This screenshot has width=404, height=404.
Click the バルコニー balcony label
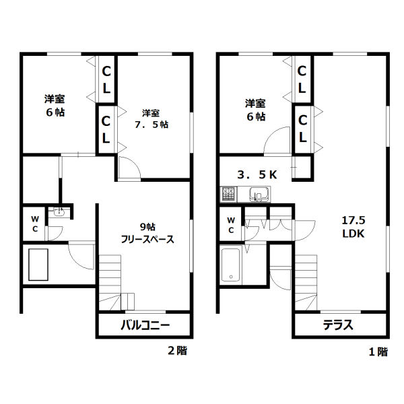pos(145,325)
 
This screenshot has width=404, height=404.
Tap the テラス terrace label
pos(338,325)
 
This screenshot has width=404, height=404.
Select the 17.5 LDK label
pos(353,227)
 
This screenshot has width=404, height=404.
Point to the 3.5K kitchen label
pos(257,174)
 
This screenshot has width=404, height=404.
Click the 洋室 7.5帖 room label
pos(151,119)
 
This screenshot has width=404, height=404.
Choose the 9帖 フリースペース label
pos(147,233)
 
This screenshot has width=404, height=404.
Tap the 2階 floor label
pos(178,351)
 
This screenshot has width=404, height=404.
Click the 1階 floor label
pos(378,351)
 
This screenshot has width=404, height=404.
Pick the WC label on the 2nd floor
pos(35,224)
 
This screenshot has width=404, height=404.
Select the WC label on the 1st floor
pos(231,225)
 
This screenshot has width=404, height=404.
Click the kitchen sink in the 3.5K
pos(259,194)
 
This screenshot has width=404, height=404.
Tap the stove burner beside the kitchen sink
pos(228,194)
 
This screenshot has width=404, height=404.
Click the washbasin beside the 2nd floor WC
pos(59,212)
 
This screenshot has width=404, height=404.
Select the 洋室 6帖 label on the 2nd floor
pos(55,106)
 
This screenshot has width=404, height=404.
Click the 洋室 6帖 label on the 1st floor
pos(255,110)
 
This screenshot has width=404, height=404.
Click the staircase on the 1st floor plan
pos(306,282)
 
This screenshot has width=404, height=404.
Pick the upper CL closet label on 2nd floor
pos(106,79)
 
